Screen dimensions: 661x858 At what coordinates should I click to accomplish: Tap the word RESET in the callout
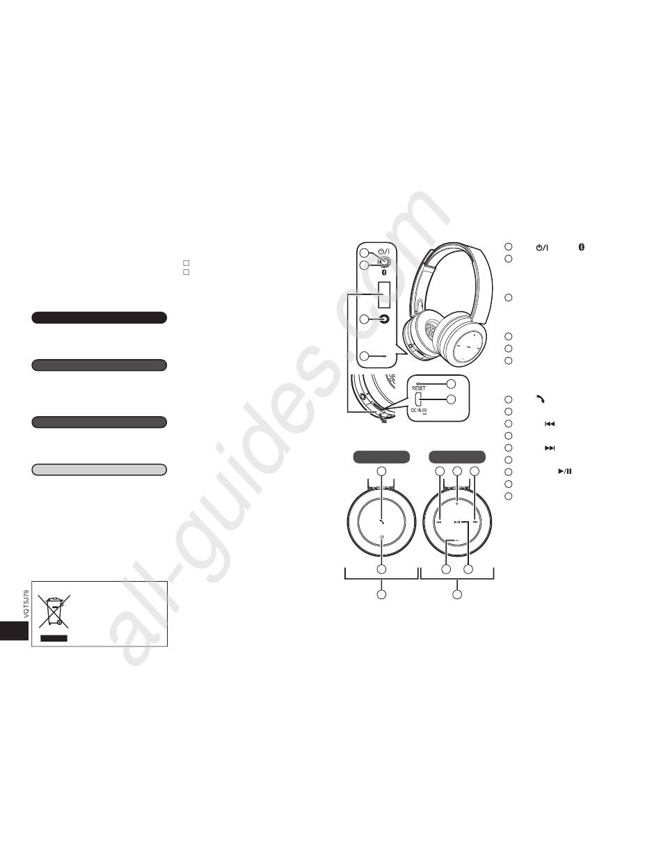pyautogui.click(x=419, y=388)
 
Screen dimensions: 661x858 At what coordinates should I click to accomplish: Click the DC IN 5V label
pyautogui.click(x=419, y=411)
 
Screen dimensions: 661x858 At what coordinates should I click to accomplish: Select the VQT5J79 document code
pyautogui.click(x=26, y=604)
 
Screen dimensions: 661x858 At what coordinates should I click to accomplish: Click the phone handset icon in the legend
pyautogui.click(x=540, y=399)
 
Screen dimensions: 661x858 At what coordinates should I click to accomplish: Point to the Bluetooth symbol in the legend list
pyautogui.click(x=581, y=247)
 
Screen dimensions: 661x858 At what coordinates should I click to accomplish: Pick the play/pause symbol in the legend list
pyautogui.click(x=565, y=471)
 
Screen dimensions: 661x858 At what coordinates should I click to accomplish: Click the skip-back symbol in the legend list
pyautogui.click(x=550, y=424)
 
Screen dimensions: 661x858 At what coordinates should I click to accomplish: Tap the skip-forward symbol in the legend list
pyautogui.click(x=550, y=447)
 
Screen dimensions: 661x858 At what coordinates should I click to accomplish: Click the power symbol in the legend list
pyautogui.click(x=542, y=248)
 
